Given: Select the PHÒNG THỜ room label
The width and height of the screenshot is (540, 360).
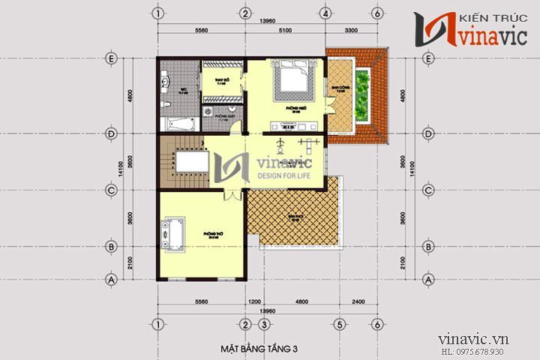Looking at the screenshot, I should pos(212,234).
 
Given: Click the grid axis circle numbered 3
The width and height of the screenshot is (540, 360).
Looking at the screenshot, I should pos(264,324).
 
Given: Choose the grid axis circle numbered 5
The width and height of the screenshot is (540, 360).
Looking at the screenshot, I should pos(340,324).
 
